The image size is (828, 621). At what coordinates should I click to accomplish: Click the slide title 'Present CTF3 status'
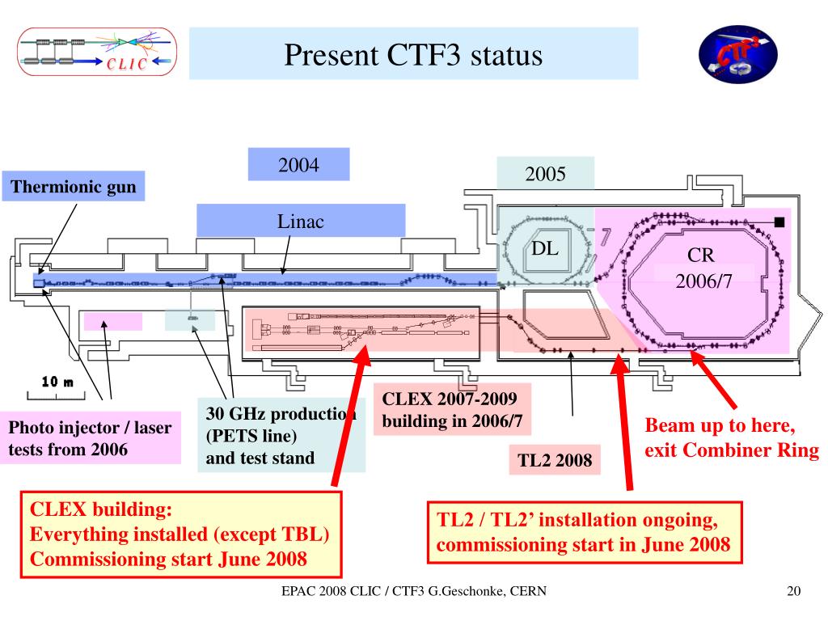(413, 55)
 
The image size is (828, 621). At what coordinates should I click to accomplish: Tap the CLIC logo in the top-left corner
(96, 53)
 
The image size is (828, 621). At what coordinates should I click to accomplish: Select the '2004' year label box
(298, 165)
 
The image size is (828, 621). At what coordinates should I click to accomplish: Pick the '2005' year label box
(545, 174)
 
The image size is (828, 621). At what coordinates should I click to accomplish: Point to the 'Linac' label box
(301, 221)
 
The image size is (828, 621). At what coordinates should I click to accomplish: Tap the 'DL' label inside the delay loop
(545, 248)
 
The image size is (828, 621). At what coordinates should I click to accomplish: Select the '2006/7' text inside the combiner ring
(704, 282)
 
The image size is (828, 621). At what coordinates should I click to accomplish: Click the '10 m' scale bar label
(57, 382)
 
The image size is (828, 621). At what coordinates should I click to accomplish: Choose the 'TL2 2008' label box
(555, 461)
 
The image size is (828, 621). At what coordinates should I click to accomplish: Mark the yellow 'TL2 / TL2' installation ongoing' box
(584, 532)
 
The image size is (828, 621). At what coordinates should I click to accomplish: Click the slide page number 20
(793, 593)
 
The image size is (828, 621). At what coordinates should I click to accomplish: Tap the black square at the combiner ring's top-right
(779, 222)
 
